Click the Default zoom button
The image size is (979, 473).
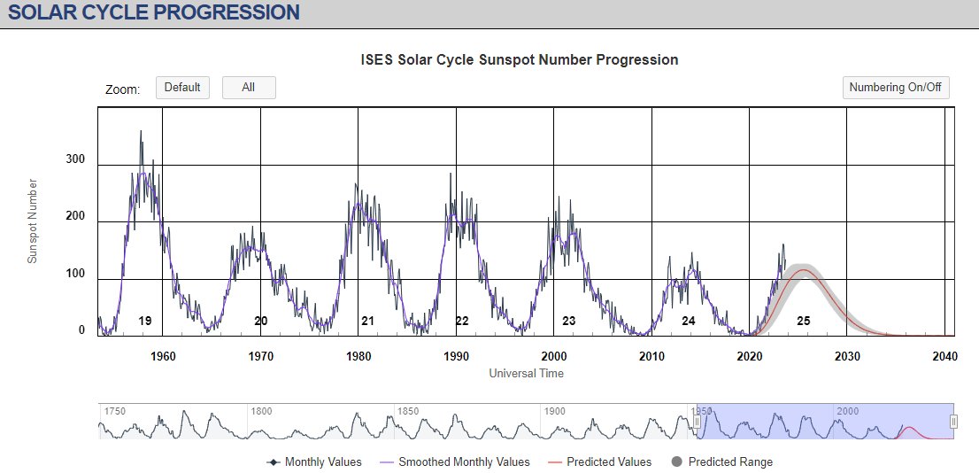[182, 88]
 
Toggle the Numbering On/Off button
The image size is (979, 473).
[896, 88]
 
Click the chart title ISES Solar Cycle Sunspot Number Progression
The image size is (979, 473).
[520, 60]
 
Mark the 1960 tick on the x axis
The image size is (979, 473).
[163, 356]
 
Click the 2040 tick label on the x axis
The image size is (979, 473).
[944, 356]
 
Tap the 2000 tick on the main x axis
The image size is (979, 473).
[554, 356]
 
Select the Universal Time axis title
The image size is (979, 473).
[526, 373]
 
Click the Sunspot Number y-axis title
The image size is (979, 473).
[33, 221]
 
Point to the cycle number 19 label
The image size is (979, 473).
[145, 321]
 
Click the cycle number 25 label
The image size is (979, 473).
[803, 321]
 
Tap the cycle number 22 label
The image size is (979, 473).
[462, 321]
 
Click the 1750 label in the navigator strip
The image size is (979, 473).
[116, 412]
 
